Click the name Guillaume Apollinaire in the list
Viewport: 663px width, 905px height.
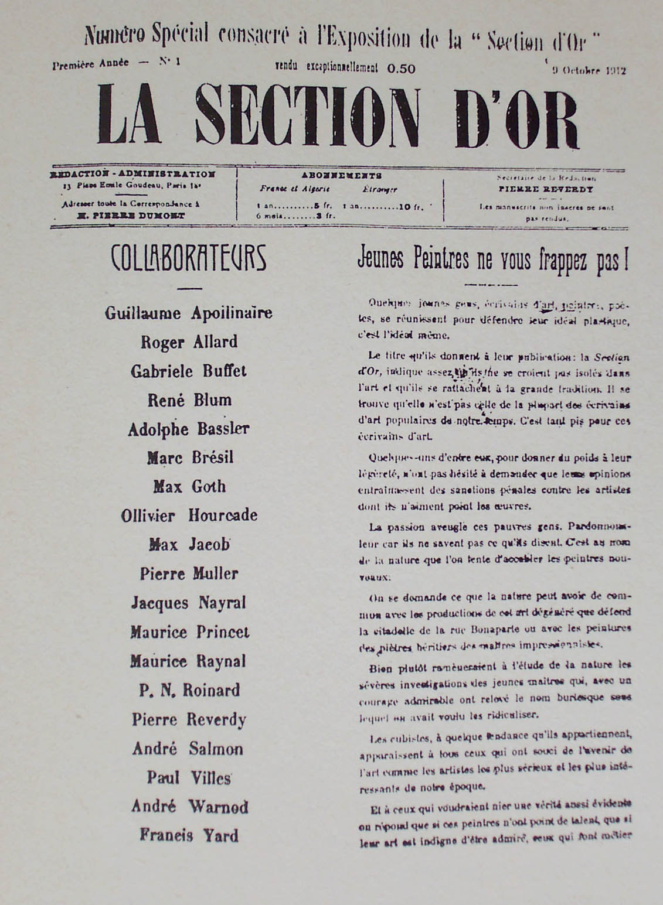[x=189, y=313]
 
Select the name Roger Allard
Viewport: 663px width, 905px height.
[x=189, y=341]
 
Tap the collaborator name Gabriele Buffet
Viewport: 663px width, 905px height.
[x=189, y=371]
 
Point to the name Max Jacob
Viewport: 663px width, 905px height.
[x=189, y=545]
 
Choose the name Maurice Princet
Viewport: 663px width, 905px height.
[x=189, y=632]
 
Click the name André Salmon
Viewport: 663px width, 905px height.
[x=188, y=749]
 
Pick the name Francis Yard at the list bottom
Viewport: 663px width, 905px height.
[x=189, y=835]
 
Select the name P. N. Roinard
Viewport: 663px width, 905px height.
[x=189, y=690]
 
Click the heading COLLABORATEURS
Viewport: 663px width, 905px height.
[x=189, y=259]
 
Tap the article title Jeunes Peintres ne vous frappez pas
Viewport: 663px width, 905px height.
[x=493, y=261]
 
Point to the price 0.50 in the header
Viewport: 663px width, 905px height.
[x=401, y=69]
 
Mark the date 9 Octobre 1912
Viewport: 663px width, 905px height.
[x=589, y=71]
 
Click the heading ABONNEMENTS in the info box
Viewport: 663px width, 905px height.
[x=341, y=175]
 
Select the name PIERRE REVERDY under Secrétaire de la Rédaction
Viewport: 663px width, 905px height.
[x=546, y=189]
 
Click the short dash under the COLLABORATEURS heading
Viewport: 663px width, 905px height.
[x=189, y=288]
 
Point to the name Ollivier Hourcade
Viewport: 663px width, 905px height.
[x=189, y=515]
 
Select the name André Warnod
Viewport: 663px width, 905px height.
[x=189, y=807]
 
